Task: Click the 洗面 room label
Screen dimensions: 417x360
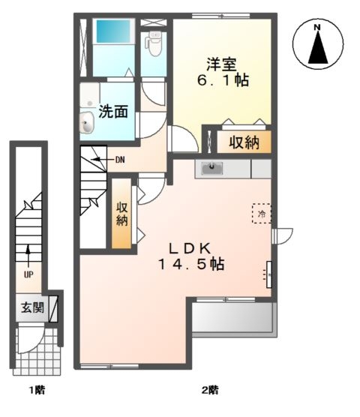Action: pyautogui.click(x=113, y=111)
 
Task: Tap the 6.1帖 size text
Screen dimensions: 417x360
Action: pyautogui.click(x=223, y=79)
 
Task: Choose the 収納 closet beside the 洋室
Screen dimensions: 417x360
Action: pyautogui.click(x=244, y=142)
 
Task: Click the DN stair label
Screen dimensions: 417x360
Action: pyautogui.click(x=120, y=159)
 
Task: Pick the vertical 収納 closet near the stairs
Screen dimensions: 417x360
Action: pyautogui.click(x=121, y=214)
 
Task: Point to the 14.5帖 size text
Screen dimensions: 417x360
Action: pyautogui.click(x=190, y=265)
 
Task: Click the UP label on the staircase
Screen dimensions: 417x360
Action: pyautogui.click(x=28, y=274)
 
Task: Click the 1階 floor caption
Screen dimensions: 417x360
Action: pyautogui.click(x=35, y=390)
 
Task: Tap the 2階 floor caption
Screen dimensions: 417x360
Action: pyautogui.click(x=209, y=390)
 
